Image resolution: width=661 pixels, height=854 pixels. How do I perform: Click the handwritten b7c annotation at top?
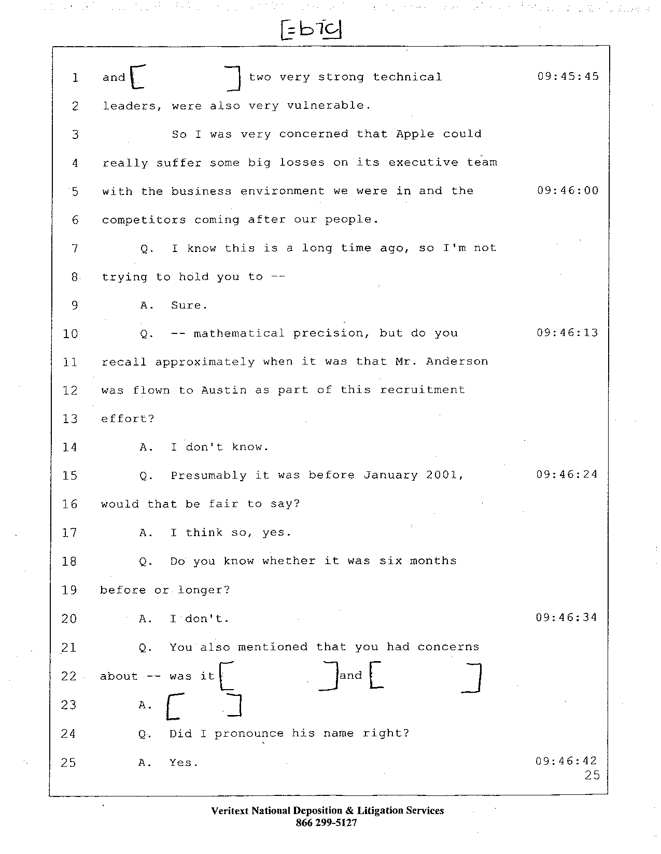[x=311, y=30]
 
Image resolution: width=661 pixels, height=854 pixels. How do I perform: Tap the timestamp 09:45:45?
[x=568, y=76]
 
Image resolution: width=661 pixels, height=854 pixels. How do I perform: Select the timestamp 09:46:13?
[x=567, y=333]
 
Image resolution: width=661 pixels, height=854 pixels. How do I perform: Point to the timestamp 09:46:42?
[x=566, y=761]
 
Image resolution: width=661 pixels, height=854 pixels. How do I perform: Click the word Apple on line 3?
[x=415, y=134]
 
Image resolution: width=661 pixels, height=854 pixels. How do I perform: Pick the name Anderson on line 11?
[x=457, y=361]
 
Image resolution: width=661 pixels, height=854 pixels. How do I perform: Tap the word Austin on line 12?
[x=224, y=390]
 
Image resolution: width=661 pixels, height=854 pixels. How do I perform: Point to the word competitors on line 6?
[x=144, y=220]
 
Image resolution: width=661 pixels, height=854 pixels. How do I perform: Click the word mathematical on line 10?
[x=239, y=333]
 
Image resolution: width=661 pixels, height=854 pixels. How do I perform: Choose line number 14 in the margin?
[x=69, y=447]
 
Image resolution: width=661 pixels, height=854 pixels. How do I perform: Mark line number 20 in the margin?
[x=69, y=619]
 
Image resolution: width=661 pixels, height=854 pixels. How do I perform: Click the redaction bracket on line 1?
[x=185, y=77]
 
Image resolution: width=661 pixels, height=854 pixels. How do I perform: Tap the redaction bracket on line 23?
[x=204, y=707]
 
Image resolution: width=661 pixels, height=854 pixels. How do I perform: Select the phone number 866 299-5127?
[x=326, y=822]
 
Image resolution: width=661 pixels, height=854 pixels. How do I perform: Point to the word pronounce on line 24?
[x=249, y=734]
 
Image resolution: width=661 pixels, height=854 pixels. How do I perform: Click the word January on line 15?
[x=390, y=475]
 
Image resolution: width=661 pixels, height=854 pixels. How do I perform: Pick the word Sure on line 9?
[x=189, y=305]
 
